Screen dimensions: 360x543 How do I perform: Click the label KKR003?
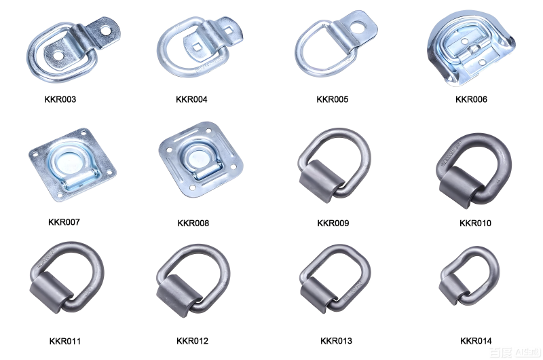coord(60,99)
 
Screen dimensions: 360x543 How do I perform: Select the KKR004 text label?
coord(191,99)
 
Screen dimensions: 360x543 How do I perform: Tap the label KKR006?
coord(471,99)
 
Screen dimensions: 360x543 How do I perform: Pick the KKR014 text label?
coord(476,340)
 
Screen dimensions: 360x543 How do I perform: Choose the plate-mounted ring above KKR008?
coord(196,160)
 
